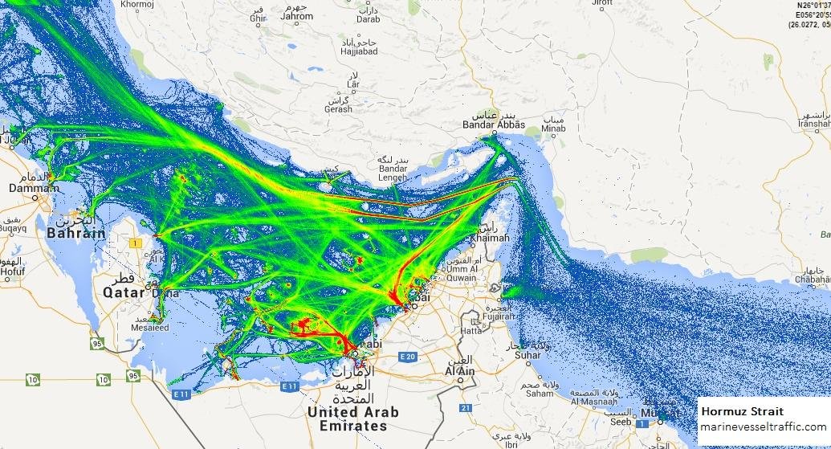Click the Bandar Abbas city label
pyautogui.click(x=494, y=124)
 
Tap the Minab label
pyautogui.click(x=553, y=128)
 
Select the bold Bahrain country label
pyautogui.click(x=76, y=233)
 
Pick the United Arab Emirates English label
pyautogui.click(x=353, y=418)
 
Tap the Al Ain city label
pyautogui.click(x=460, y=372)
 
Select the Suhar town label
pyautogui.click(x=528, y=354)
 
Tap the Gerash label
pyautogui.click(x=338, y=109)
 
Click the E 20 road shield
pyautogui.click(x=408, y=357)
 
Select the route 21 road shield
pyautogui.click(x=465, y=408)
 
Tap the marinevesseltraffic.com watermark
pyautogui.click(x=763, y=427)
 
